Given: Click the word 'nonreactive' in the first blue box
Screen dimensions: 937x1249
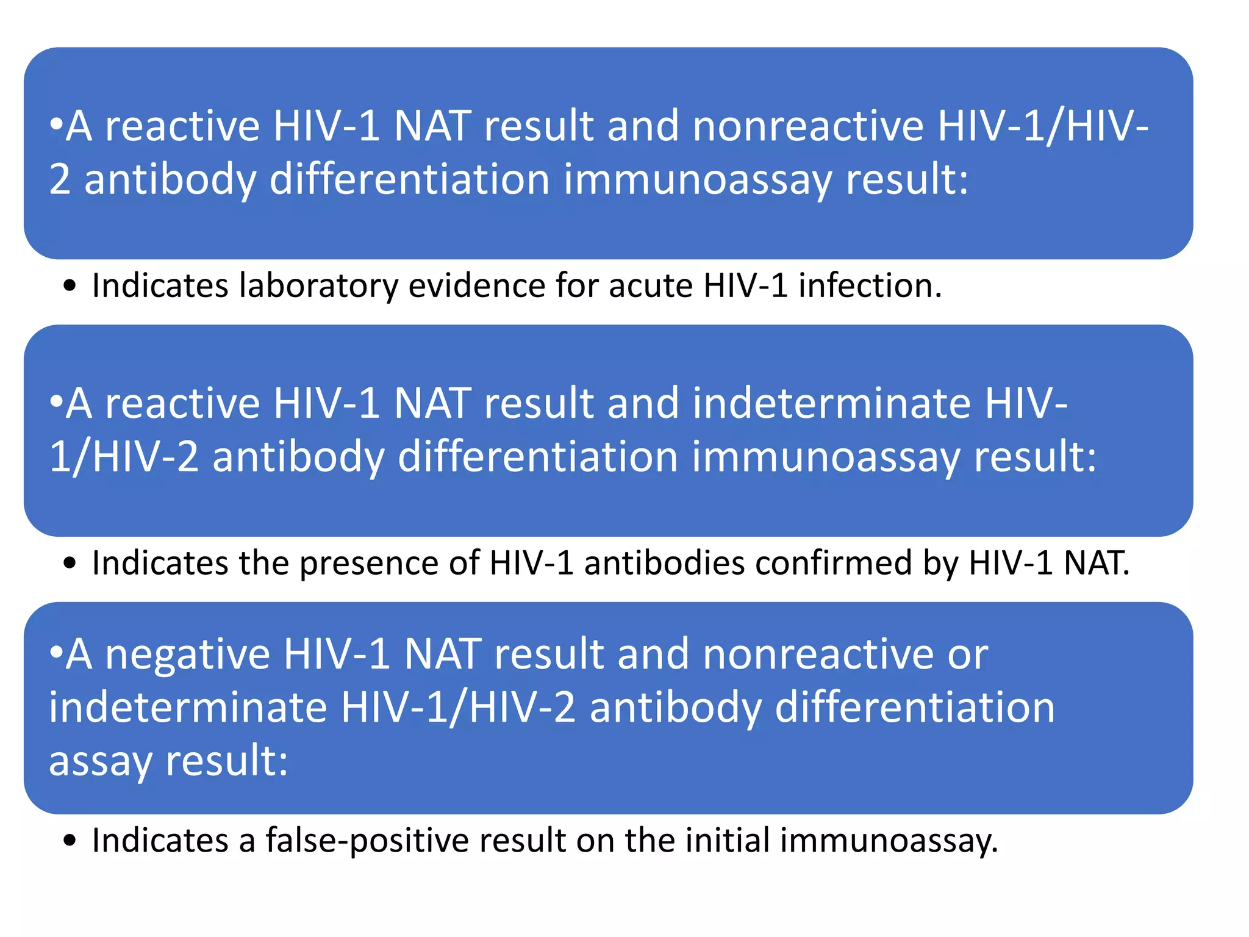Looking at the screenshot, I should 808,126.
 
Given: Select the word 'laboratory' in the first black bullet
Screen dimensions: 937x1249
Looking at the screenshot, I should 318,285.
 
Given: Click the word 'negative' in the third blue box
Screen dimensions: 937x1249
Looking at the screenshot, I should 188,655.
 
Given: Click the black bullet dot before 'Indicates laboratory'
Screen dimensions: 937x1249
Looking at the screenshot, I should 70,286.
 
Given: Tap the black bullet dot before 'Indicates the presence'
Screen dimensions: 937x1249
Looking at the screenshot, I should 70,564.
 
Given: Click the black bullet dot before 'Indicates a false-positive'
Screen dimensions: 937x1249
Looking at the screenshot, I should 70,841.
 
